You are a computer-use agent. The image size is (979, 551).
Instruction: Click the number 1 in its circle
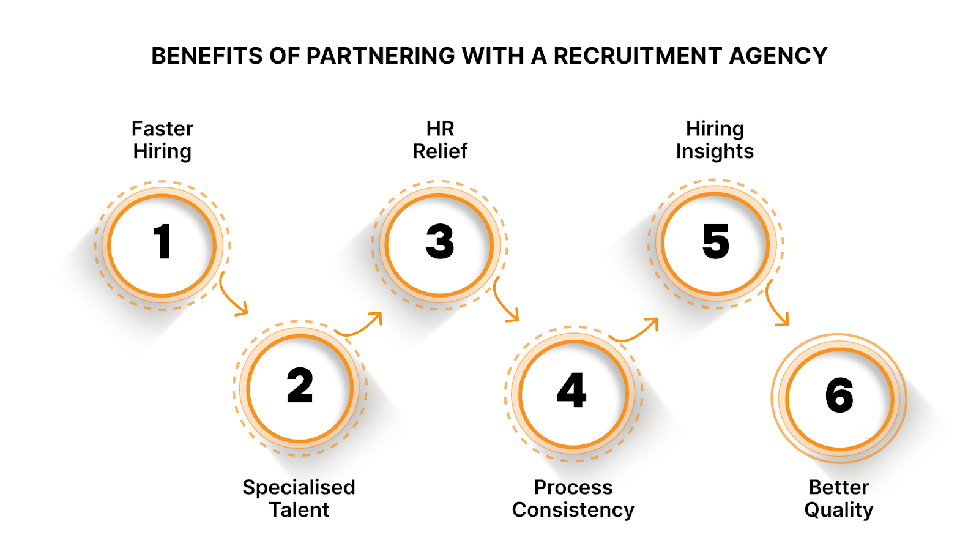point(162,242)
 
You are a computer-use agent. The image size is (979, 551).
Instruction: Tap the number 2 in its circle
point(300,386)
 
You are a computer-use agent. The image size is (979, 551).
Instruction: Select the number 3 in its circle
point(440,241)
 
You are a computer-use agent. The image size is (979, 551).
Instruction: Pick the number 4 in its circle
point(572,390)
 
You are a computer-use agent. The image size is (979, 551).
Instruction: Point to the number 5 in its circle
point(715,241)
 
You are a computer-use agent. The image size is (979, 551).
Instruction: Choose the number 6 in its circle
point(839,395)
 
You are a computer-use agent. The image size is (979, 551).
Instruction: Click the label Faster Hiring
point(162,140)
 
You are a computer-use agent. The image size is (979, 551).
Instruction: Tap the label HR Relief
point(440,140)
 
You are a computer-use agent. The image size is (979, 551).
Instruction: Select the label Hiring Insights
point(715,140)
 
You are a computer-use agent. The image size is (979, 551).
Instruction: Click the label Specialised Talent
point(299,498)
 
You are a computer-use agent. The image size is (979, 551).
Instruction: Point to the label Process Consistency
point(573,498)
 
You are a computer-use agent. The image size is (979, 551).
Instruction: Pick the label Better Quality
point(839,498)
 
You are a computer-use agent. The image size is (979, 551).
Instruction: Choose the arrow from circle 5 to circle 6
point(776,305)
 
